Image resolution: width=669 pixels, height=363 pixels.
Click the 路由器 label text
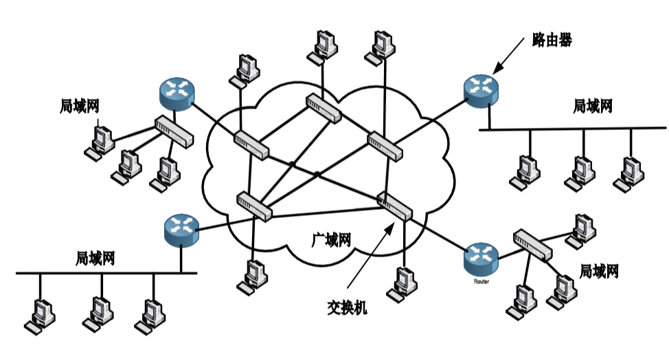(552, 40)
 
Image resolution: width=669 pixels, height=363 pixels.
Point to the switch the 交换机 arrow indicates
(394, 206)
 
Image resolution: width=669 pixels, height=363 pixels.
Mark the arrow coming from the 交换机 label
(371, 254)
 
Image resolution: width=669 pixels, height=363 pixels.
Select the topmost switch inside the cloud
(322, 109)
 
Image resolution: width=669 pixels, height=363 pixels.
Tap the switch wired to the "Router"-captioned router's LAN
(533, 245)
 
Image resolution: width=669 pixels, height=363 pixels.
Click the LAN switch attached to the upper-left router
(176, 131)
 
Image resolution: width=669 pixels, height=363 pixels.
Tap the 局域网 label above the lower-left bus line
(95, 259)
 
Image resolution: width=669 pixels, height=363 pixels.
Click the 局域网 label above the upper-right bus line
(592, 106)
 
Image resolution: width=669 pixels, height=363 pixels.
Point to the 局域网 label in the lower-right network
(600, 271)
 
